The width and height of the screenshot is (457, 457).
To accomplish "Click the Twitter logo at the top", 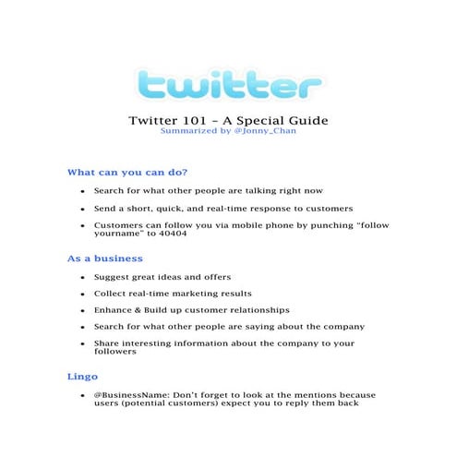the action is [228, 86].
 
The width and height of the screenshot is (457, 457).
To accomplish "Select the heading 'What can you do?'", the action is [127, 172].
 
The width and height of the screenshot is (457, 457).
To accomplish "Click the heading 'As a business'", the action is [105, 259].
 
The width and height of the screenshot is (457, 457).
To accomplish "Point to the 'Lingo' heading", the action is [82, 377].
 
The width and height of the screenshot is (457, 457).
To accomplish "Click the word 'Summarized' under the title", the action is [186, 131].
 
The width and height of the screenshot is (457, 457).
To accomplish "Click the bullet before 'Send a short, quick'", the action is [83, 208].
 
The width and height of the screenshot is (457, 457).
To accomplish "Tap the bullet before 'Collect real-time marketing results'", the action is [83, 294].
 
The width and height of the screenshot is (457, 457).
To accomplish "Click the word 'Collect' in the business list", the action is [112, 294].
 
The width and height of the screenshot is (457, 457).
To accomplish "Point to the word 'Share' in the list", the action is [107, 343].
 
